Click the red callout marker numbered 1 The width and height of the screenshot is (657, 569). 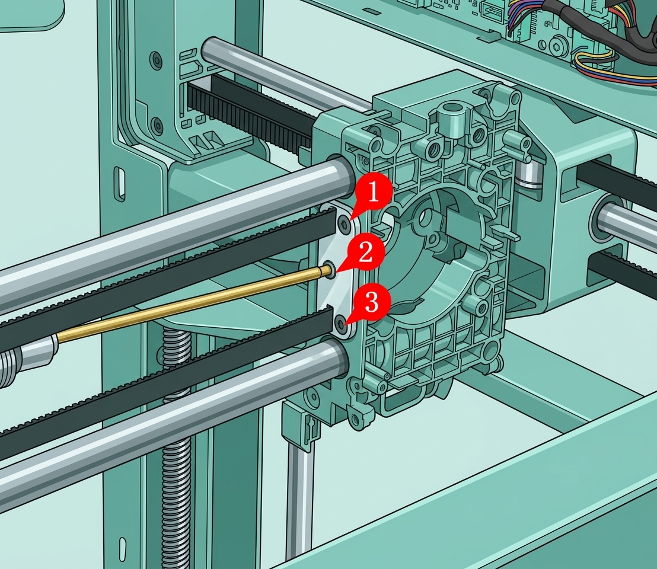pyautogui.click(x=374, y=194)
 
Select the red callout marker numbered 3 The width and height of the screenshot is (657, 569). pyautogui.click(x=371, y=302)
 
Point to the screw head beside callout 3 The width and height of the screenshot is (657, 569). pyautogui.click(x=342, y=323)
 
